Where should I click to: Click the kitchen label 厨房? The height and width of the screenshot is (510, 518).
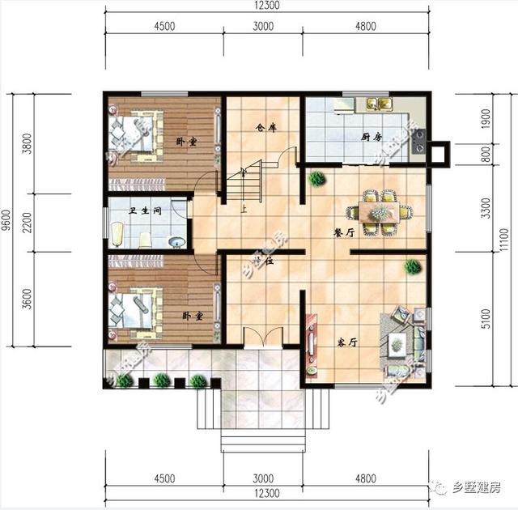[372, 137]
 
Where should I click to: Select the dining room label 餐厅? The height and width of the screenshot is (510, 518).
[345, 232]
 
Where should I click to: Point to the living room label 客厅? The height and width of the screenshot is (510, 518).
[347, 342]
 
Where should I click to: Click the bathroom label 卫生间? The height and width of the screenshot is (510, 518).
[146, 211]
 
